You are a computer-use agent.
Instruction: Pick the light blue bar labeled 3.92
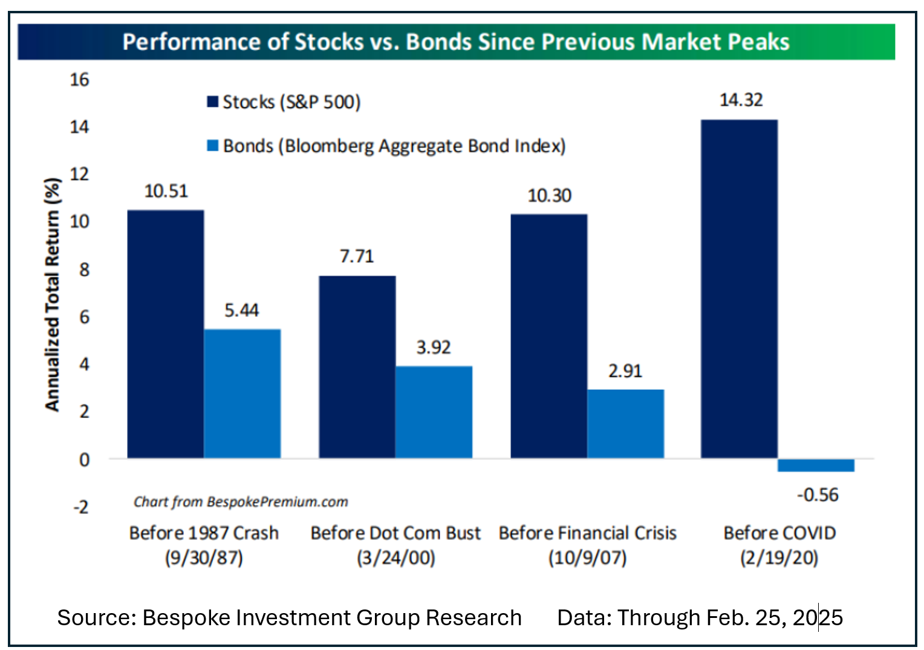(x=434, y=412)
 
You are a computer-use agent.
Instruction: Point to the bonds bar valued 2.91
(x=625, y=423)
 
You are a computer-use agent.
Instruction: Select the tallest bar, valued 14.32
(x=739, y=288)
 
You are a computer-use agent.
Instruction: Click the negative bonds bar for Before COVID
(x=816, y=465)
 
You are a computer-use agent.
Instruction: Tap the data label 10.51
(x=166, y=191)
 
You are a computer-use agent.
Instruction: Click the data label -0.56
(x=818, y=495)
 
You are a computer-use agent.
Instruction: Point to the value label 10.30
(x=549, y=195)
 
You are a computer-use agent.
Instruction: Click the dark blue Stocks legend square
(x=212, y=102)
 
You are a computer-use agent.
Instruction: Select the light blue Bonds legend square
(x=212, y=146)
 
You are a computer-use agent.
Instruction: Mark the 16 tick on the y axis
(x=79, y=79)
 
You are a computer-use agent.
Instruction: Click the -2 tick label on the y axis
(x=80, y=506)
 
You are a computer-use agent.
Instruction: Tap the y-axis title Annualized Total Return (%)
(x=53, y=294)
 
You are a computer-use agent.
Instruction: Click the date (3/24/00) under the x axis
(x=395, y=557)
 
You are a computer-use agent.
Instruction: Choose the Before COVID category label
(x=779, y=533)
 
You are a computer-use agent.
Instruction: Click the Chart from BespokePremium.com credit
(x=241, y=502)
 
